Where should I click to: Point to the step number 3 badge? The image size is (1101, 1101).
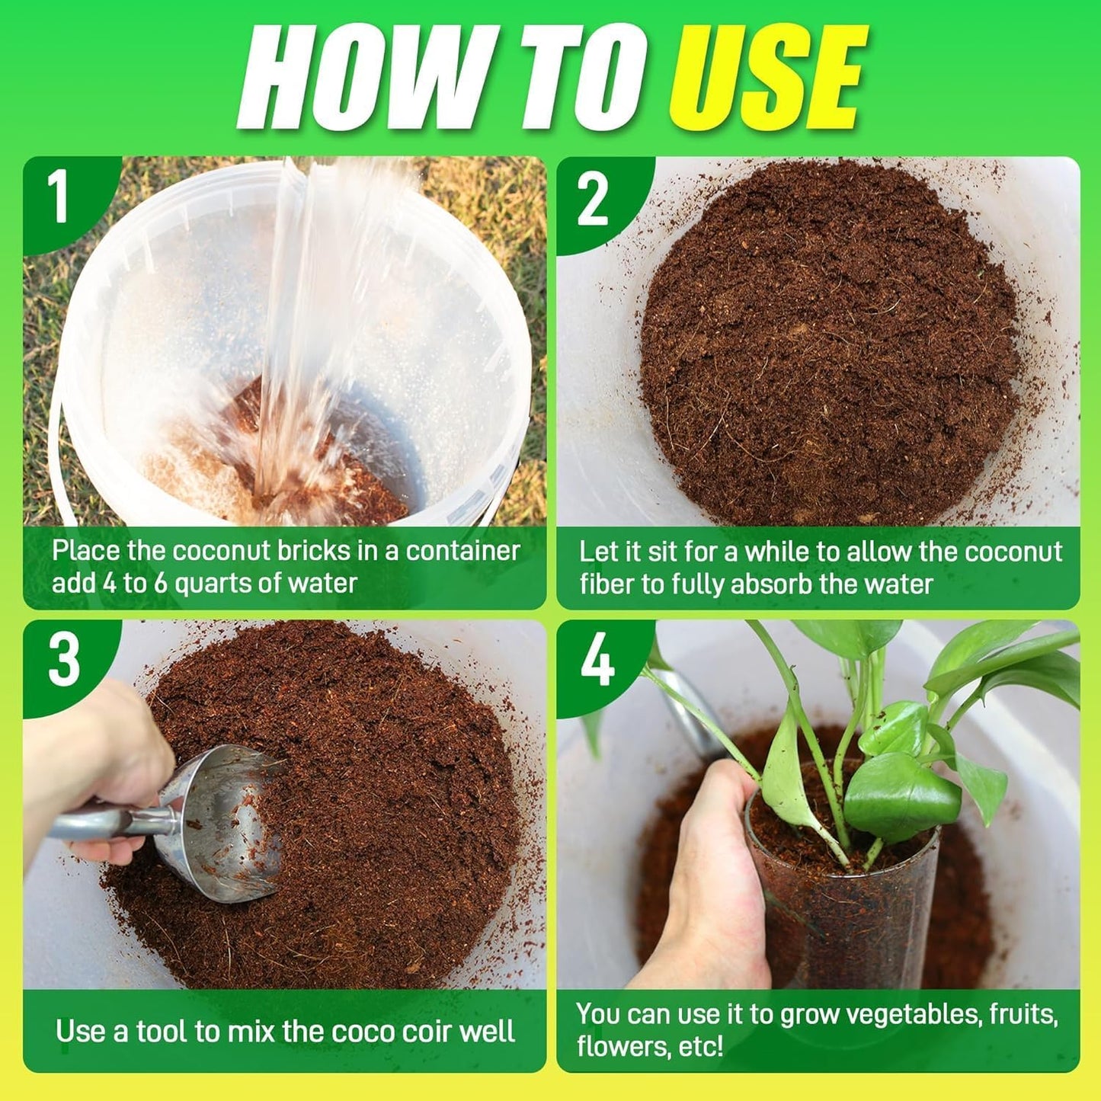pyautogui.click(x=63, y=660)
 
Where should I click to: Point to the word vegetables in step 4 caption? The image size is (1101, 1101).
pyautogui.click(x=914, y=1014)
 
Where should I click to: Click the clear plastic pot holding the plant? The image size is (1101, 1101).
pyautogui.click(x=838, y=914)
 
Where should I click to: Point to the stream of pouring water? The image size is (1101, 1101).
pyautogui.click(x=305, y=320)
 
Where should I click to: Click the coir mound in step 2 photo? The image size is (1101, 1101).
pyautogui.click(x=831, y=343)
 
